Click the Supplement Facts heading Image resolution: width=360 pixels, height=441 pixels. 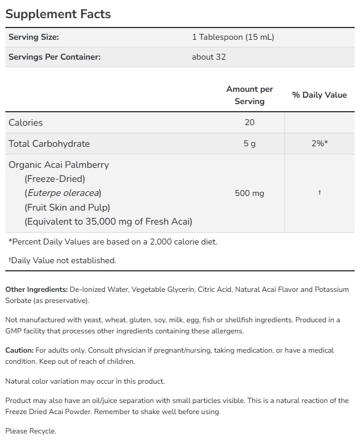click(58, 13)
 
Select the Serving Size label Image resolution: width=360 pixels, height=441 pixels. click(33, 37)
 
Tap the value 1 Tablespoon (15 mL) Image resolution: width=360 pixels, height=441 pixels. click(233, 37)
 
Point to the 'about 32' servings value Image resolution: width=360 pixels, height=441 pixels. click(208, 57)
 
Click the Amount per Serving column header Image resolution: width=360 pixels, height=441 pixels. click(249, 95)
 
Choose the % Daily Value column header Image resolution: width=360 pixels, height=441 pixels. click(319, 95)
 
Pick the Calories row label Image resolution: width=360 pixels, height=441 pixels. click(26, 123)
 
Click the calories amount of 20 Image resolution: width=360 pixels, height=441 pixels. click(250, 123)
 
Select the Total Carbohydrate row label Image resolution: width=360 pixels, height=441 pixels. click(49, 144)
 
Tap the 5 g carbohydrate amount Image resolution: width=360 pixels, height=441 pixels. click(250, 144)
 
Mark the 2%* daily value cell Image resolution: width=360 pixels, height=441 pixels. click(319, 144)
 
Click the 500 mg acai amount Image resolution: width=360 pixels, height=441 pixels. click(250, 193)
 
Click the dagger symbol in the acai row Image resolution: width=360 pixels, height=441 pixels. click(319, 193)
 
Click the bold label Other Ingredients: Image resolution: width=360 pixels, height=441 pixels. click(36, 290)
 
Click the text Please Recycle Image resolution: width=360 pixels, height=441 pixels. click(31, 431)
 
